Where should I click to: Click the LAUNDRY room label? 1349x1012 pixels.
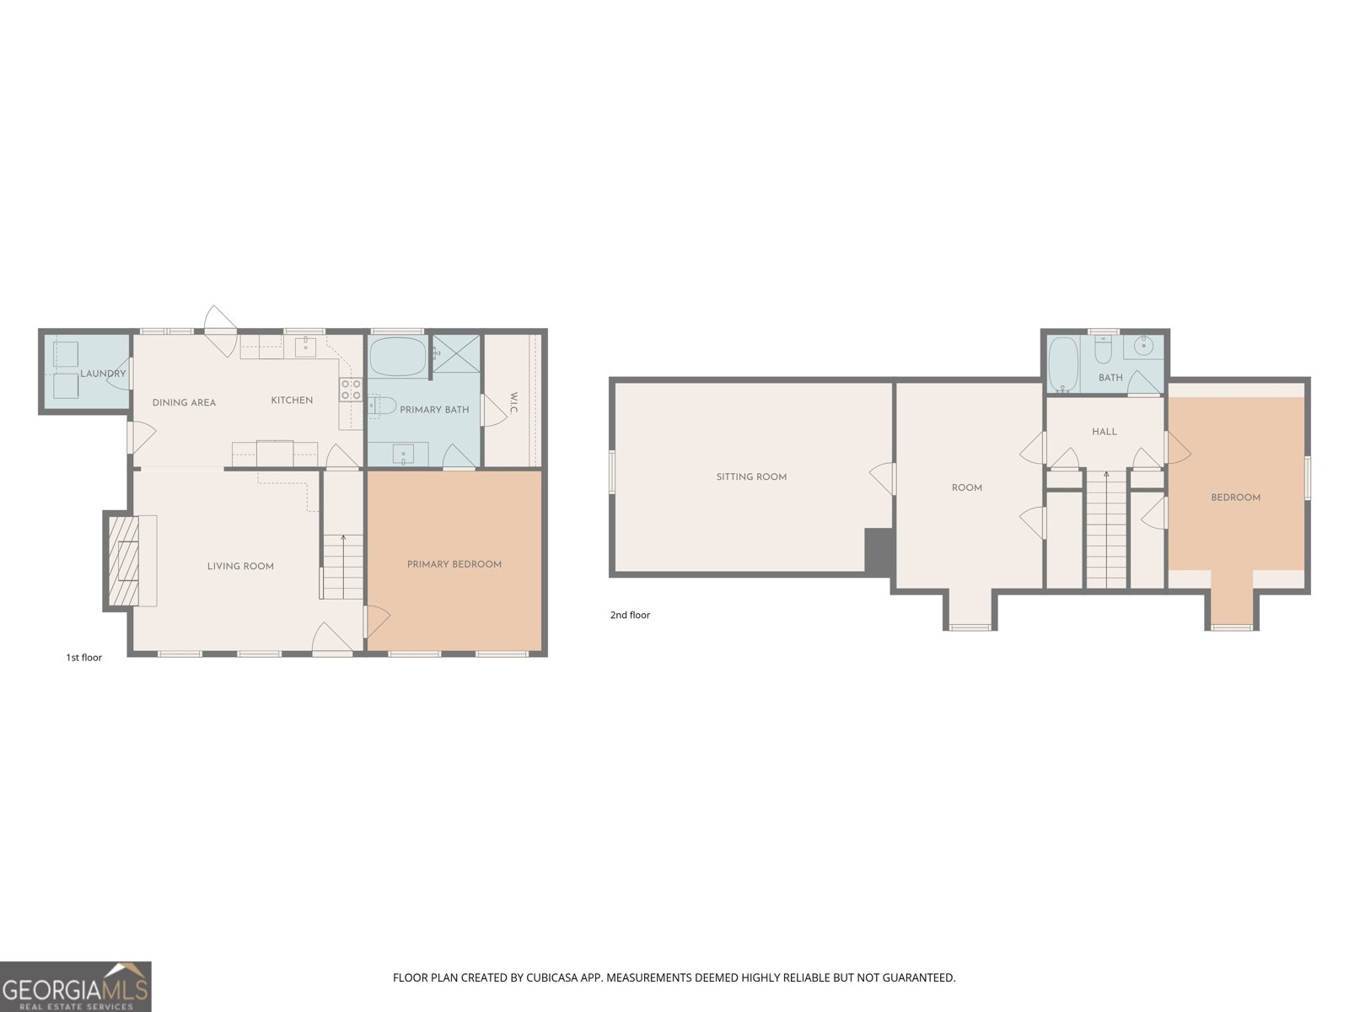(103, 374)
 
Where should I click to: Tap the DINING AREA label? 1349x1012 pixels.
(184, 402)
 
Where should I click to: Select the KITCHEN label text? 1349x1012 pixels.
(292, 400)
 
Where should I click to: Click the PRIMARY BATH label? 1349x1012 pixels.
(434, 410)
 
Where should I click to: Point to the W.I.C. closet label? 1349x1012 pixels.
(513, 403)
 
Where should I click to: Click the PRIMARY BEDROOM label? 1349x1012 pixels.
(454, 564)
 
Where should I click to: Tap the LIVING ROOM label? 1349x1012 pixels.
(240, 566)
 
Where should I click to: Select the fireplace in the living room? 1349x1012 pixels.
(127, 560)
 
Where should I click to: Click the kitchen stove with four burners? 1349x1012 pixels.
(351, 389)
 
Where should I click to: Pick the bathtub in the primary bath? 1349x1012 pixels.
(398, 357)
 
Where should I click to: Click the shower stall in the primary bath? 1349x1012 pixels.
(456, 353)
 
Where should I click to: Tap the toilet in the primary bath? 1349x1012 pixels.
(383, 406)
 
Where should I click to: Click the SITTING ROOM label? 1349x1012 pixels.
(751, 476)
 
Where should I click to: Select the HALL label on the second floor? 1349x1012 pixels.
(1104, 432)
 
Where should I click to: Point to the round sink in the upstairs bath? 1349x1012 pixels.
(1144, 345)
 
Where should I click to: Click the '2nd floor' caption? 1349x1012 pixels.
(630, 615)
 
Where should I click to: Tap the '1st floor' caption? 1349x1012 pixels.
(84, 657)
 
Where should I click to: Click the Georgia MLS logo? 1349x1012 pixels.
(75, 987)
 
